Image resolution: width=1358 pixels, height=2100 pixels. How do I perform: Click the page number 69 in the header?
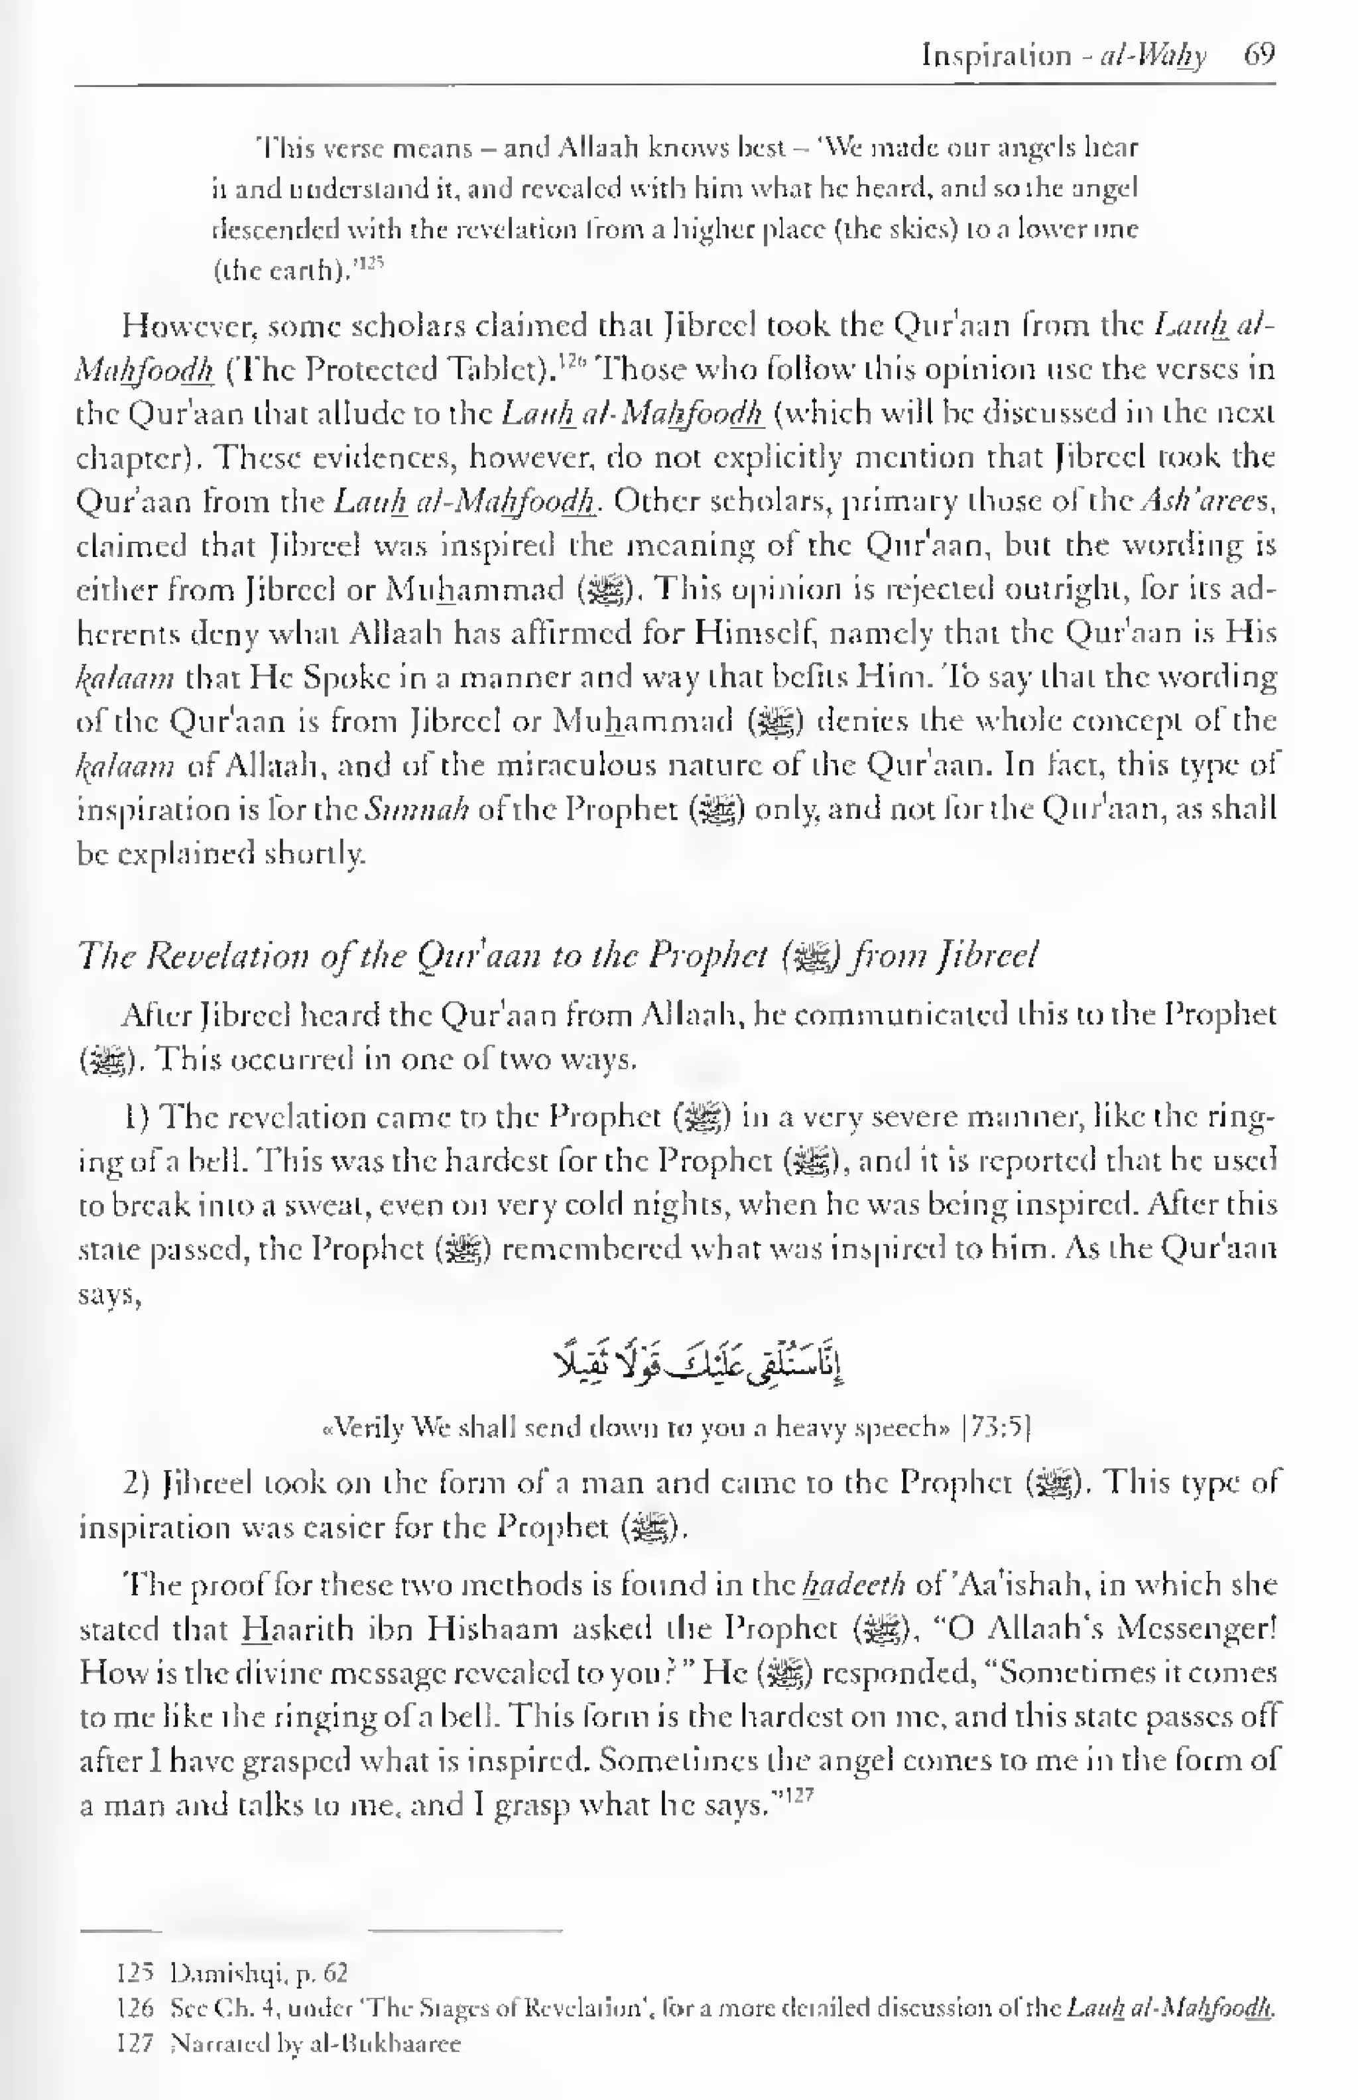tap(1259, 56)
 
